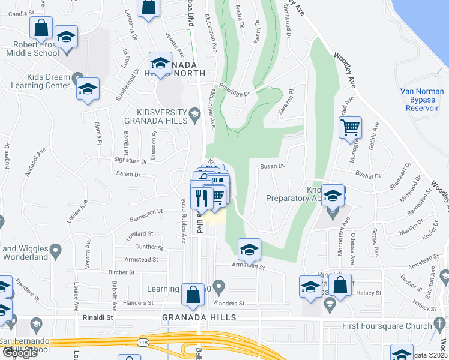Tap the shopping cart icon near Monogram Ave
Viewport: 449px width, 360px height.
point(350,127)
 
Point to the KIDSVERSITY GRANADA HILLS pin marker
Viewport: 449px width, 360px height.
point(194,113)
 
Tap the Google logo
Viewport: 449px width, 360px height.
point(20,352)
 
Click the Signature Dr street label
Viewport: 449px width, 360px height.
point(130,161)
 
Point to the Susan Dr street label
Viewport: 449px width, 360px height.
point(271,166)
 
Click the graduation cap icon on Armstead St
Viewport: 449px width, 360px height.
point(249,249)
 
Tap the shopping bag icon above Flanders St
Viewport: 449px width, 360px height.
point(193,294)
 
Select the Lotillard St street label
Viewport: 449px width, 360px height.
point(139,234)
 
